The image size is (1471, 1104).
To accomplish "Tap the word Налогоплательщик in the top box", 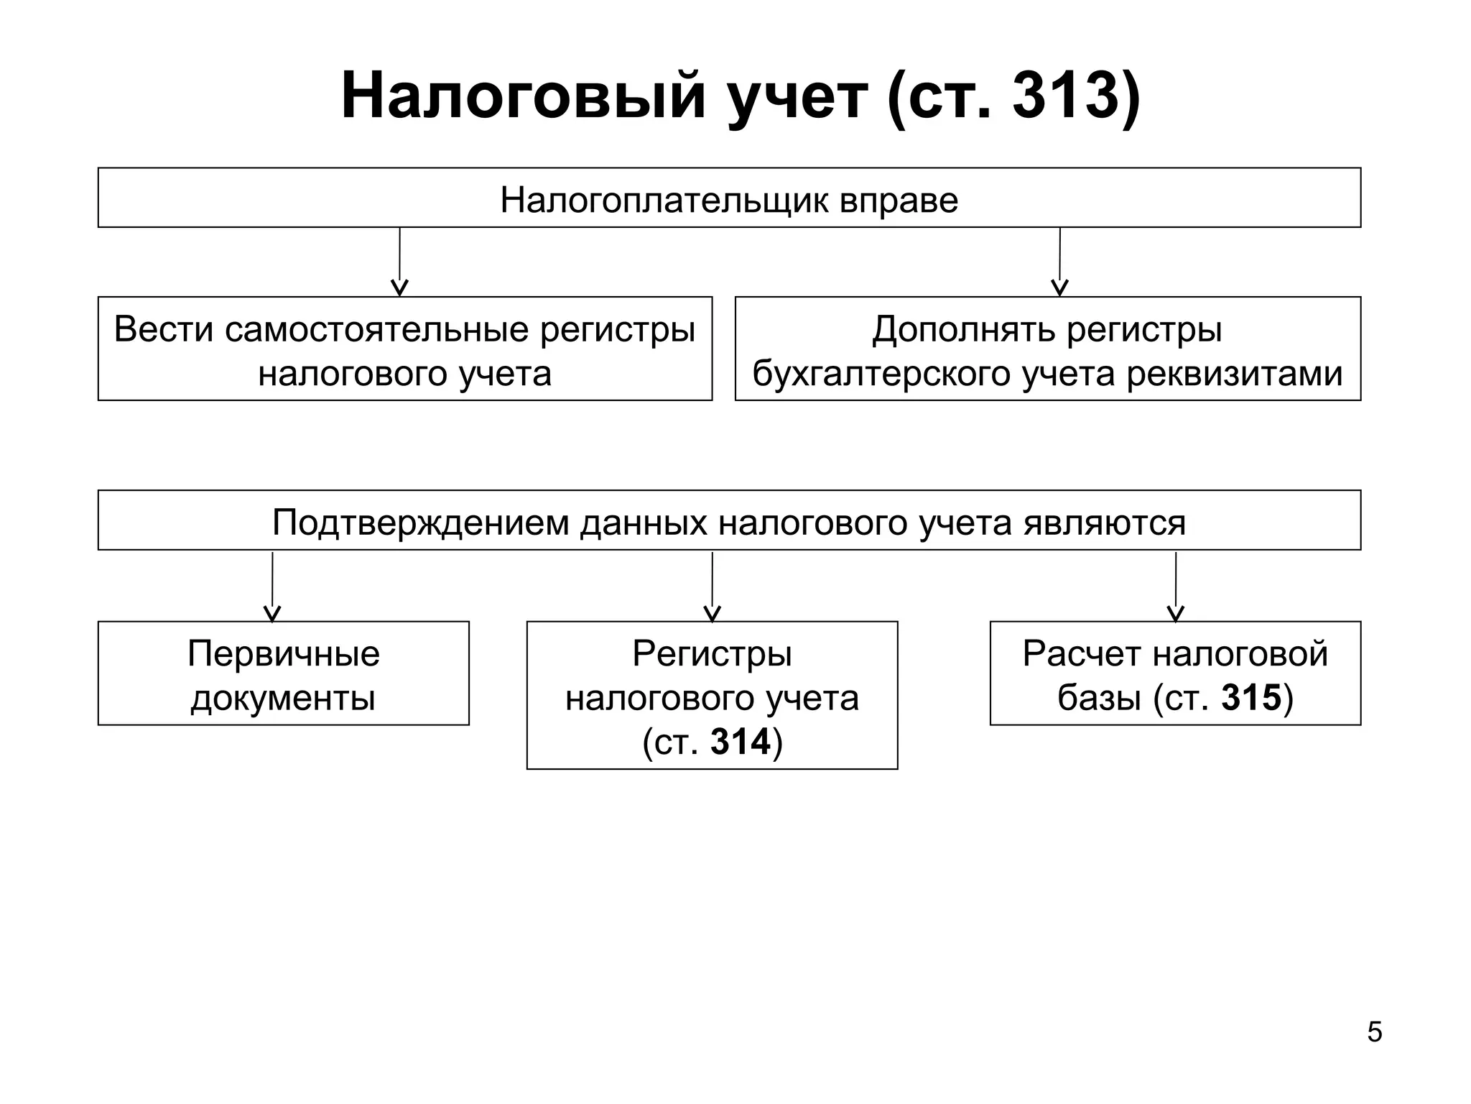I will coord(664,200).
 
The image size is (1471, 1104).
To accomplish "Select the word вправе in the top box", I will coord(899,200).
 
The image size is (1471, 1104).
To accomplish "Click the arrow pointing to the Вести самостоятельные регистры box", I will coord(399,262).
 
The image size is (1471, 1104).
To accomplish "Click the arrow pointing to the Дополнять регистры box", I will coord(1059,262).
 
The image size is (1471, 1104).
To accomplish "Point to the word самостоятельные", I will coord(377,330).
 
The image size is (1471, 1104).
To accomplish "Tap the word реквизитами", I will coord(1234,374).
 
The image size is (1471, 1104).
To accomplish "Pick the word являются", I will coord(1104,523).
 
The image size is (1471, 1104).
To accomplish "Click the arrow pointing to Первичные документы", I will coord(272,586).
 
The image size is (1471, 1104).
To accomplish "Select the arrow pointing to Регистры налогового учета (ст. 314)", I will coord(712,586).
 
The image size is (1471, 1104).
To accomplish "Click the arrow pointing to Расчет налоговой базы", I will coord(1175,586).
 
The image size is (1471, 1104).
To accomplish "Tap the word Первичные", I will coord(284,654).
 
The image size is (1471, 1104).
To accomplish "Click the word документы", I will coord(283,698).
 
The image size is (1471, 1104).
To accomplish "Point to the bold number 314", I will coord(740,742).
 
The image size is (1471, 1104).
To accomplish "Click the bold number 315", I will coord(1251,698).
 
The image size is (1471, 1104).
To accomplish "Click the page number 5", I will coord(1374,1032).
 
